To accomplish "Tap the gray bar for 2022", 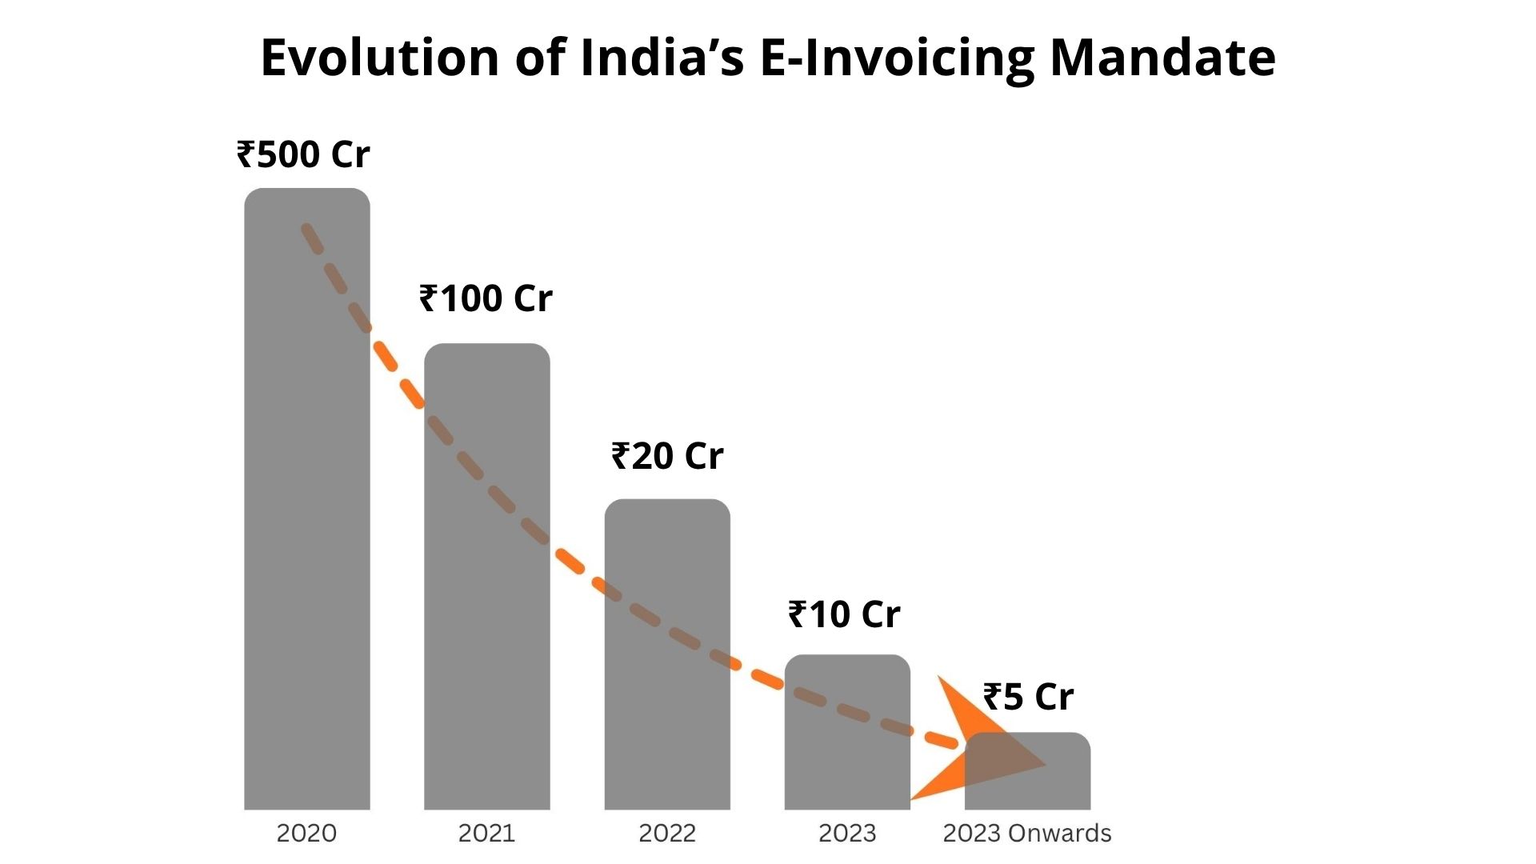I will (667, 664).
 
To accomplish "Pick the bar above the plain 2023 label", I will (847, 744).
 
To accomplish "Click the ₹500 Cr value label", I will (303, 154).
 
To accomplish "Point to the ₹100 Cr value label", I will (486, 298).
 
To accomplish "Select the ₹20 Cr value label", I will (667, 456).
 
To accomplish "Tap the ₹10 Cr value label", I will (844, 614).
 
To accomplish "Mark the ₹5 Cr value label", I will (1028, 697).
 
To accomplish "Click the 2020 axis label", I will (306, 833).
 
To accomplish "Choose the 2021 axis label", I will (486, 833).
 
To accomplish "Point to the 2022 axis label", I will (667, 833).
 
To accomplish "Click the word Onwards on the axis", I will (1059, 833).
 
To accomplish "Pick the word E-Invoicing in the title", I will (896, 58).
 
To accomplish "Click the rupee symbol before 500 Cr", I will (246, 154).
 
